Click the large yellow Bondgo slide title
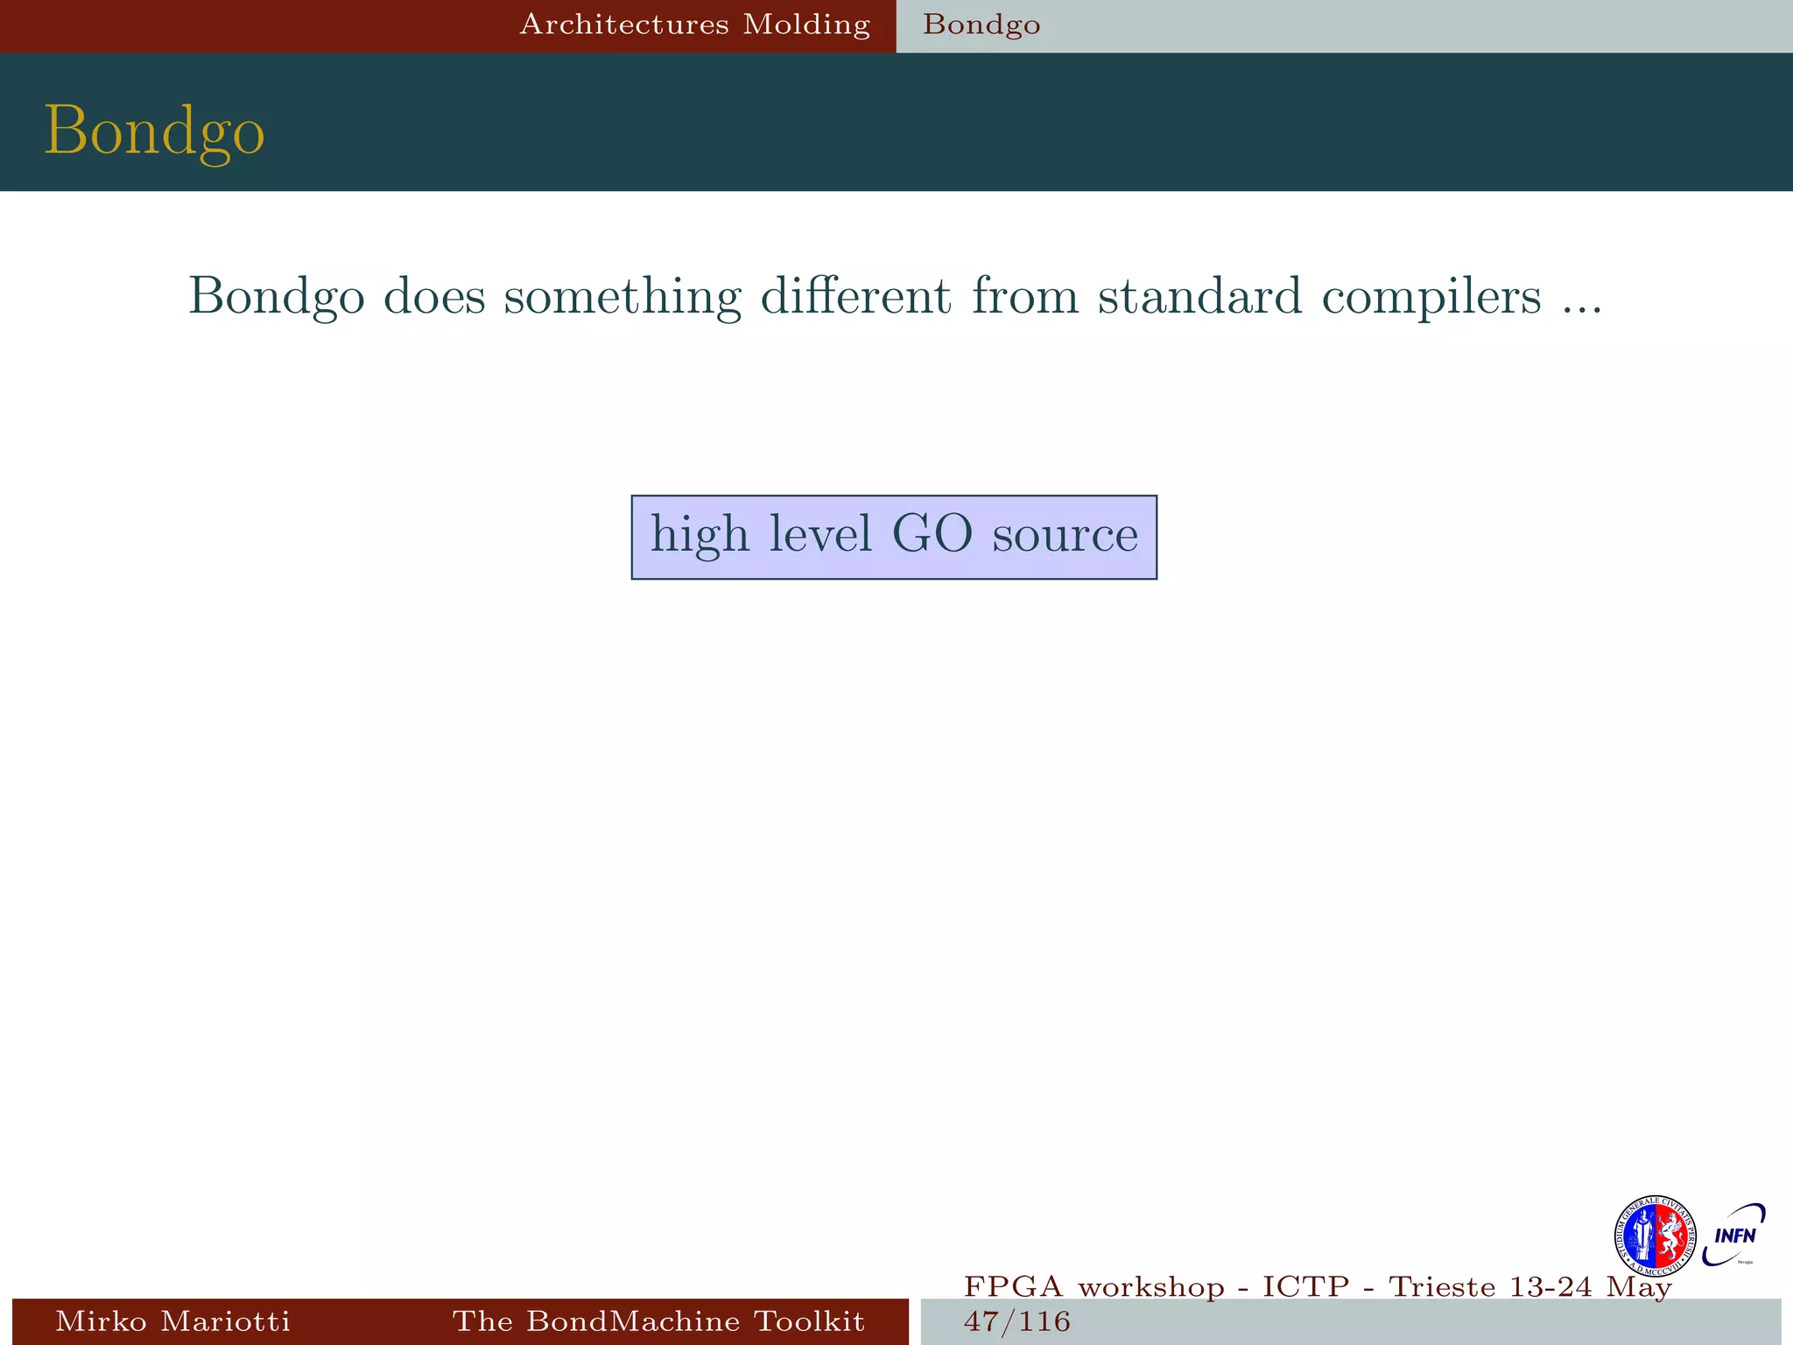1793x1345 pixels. pyautogui.click(x=154, y=131)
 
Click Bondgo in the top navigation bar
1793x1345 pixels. pyautogui.click(x=981, y=25)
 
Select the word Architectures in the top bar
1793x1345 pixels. pyautogui.click(x=624, y=25)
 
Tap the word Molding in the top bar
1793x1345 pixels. pyautogui.click(x=806, y=25)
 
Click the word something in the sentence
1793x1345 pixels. pyautogui.click(x=622, y=298)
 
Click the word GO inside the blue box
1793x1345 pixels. pyautogui.click(x=932, y=534)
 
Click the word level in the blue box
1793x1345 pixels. pyautogui.click(x=820, y=534)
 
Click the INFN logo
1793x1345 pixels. pyautogui.click(x=1734, y=1235)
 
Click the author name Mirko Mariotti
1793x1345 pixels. pyautogui.click(x=172, y=1320)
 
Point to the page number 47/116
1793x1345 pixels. pyautogui.click(x=1016, y=1321)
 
